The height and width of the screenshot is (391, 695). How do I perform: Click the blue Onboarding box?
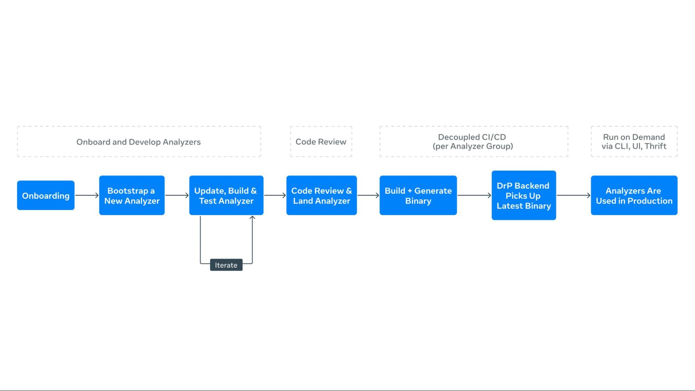46,195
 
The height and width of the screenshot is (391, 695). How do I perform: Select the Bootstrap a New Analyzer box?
132,195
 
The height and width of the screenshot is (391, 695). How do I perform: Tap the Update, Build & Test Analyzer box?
226,195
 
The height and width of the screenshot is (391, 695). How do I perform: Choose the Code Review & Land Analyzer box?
321,195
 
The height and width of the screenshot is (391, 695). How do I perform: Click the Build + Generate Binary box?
418,195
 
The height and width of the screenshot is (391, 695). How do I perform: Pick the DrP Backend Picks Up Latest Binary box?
524,195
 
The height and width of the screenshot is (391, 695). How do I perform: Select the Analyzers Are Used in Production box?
634,195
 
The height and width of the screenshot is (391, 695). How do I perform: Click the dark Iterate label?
226,265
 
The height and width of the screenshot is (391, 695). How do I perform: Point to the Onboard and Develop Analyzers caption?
138,142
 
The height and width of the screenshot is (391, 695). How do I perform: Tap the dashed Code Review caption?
321,142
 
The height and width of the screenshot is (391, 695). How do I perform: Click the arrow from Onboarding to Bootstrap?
87,195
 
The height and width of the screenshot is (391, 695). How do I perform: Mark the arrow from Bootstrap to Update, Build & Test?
177,195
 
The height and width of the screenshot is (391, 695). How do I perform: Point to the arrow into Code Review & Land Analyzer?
275,195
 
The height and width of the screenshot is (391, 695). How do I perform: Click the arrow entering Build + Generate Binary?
368,195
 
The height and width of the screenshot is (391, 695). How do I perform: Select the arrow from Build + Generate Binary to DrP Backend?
474,195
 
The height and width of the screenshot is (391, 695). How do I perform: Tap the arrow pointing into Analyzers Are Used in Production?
573,195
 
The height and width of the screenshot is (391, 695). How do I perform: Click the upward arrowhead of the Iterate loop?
252,218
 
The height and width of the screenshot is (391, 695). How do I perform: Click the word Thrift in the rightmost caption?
655,146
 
